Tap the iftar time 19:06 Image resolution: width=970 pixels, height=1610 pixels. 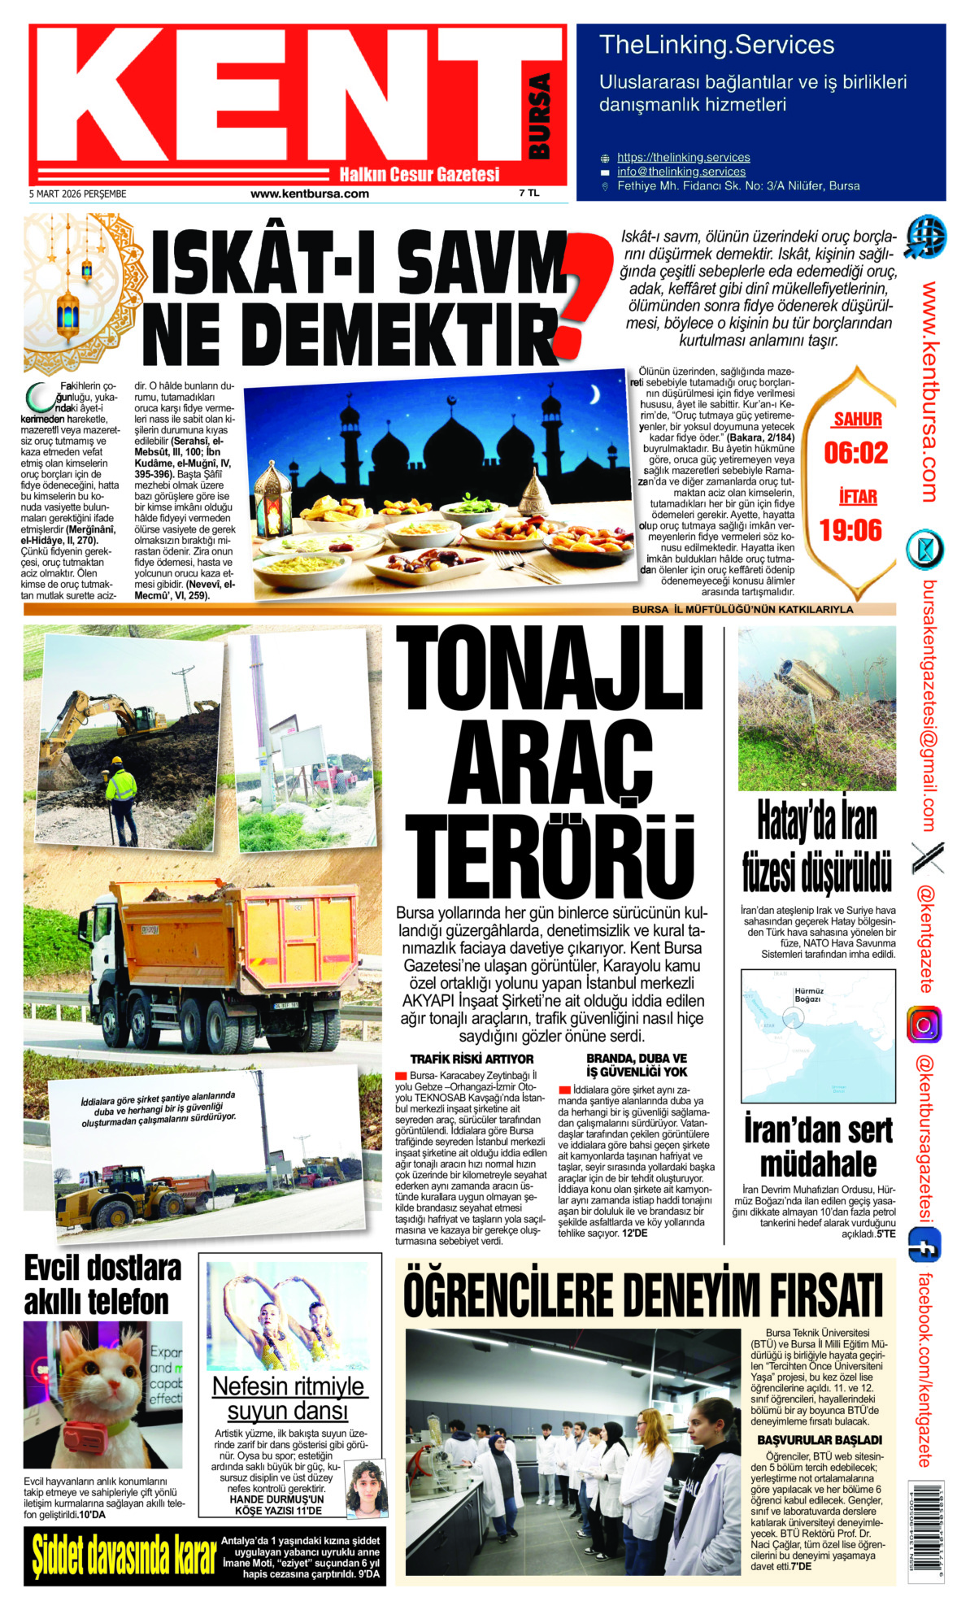[850, 531]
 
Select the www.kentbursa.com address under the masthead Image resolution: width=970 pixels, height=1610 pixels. [309, 194]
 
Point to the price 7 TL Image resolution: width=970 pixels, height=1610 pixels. [529, 194]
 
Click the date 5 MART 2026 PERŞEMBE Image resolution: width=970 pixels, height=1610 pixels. [78, 194]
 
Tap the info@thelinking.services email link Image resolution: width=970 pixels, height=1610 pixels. [681, 172]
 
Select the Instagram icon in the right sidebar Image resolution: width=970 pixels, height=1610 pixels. [924, 1024]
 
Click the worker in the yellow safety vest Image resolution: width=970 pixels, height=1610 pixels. [121, 794]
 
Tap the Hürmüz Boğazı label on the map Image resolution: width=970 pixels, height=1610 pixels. [808, 995]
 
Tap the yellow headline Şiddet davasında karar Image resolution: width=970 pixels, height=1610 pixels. [124, 1556]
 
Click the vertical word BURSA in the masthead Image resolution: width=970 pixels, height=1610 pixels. [539, 116]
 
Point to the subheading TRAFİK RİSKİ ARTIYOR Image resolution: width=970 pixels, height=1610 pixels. [472, 1059]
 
